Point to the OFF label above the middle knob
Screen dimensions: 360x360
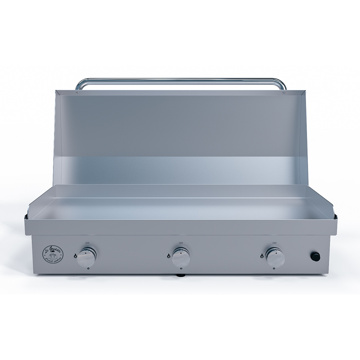pos(181,243)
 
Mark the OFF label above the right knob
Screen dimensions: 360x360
pos(275,243)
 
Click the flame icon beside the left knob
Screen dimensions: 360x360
pos(75,256)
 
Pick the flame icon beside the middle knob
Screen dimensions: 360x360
pos(169,256)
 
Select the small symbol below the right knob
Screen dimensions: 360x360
pos(275,269)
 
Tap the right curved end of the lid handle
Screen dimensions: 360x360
pos(283,84)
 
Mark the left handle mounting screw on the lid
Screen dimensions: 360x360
pos(77,93)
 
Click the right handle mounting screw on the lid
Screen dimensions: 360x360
pos(284,93)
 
